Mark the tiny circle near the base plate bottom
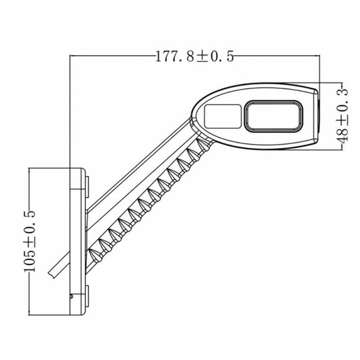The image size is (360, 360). coord(71,298)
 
